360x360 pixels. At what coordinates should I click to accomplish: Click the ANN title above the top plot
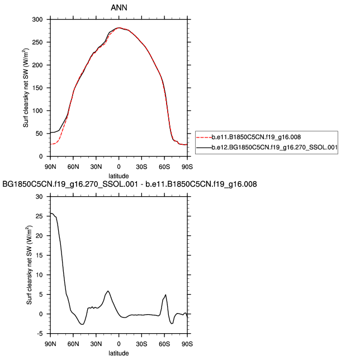coord(119,7)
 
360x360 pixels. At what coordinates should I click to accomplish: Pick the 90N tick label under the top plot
coord(50,166)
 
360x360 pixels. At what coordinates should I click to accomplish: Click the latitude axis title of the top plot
coord(119,175)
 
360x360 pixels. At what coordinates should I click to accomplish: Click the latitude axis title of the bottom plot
coord(119,353)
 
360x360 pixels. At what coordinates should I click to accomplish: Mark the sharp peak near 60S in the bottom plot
coord(165,295)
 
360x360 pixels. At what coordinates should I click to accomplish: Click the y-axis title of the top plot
coord(26,88)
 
